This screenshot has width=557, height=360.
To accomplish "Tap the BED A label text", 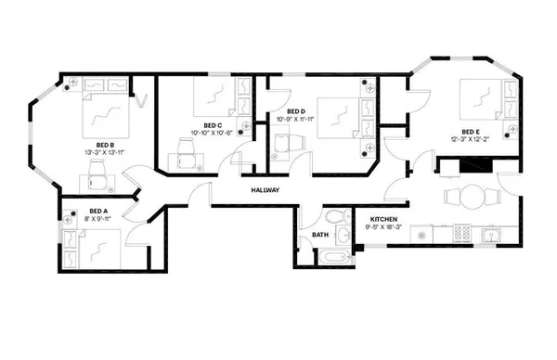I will [x=98, y=212].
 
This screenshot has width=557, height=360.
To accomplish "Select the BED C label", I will [x=212, y=125].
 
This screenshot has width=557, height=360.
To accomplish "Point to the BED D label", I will [x=285, y=111].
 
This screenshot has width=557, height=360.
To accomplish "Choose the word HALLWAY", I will [x=266, y=190].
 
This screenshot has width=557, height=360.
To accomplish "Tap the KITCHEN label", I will [x=358, y=219].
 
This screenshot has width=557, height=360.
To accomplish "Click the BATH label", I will [x=319, y=235].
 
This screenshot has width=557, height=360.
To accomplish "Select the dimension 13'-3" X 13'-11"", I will [x=104, y=152].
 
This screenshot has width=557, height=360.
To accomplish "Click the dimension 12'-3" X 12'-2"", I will [x=469, y=139].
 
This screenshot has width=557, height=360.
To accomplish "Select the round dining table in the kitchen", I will [x=472, y=197].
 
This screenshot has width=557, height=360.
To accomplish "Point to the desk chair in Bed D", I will [x=285, y=145].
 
